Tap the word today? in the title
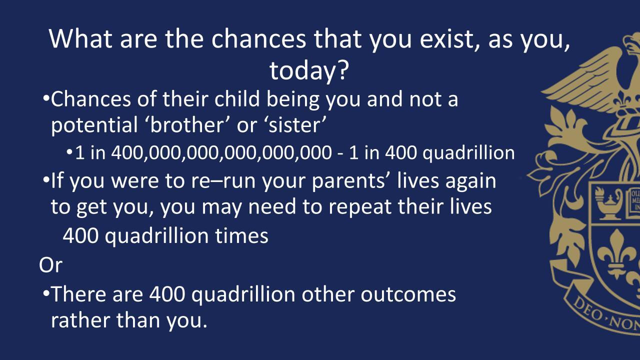pos(309,70)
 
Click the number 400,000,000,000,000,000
pos(221,153)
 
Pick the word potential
pos(94,125)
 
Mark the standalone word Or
pos(50,265)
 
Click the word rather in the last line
pos(80,320)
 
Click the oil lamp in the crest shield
pos(608,204)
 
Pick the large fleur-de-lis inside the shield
pos(617,254)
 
